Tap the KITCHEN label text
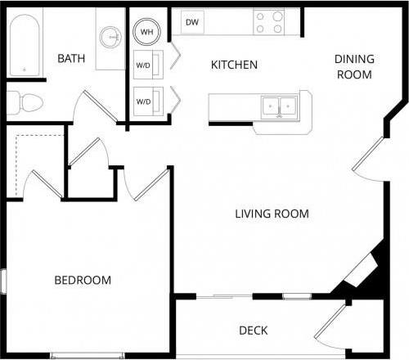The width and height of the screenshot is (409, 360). tap(235, 65)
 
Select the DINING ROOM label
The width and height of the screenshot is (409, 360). tap(354, 66)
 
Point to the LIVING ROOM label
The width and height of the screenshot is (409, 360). tap(272, 214)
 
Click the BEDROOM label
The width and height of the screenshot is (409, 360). tap(83, 281)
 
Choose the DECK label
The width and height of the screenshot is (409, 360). tap(254, 331)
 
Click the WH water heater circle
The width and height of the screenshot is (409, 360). tap(148, 32)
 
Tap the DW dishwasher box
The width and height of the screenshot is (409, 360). tap(192, 22)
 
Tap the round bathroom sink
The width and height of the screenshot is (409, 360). tap(110, 37)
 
